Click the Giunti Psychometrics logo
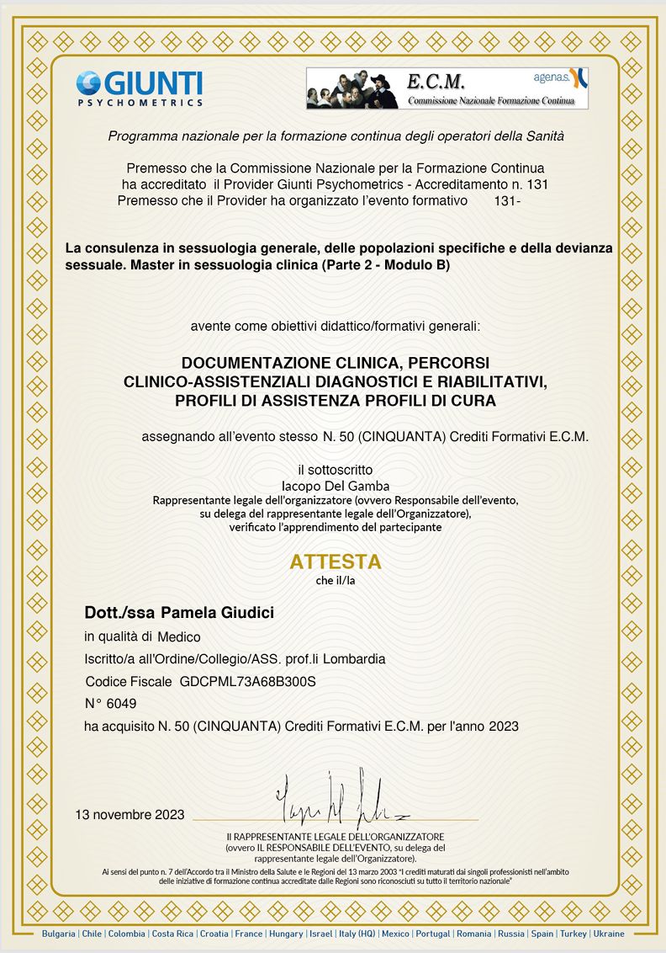click(139, 88)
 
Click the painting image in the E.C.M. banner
click(354, 88)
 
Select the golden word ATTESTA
click(336, 561)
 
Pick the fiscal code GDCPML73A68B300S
click(253, 681)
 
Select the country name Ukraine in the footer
click(608, 934)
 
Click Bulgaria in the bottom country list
click(59, 934)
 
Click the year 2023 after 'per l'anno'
click(501, 725)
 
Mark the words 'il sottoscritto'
click(335, 470)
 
